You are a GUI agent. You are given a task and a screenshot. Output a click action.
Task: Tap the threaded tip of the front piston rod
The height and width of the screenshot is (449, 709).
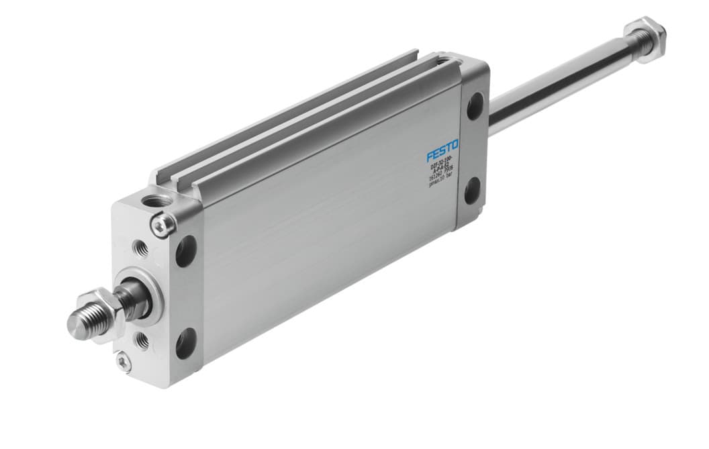pos(80,323)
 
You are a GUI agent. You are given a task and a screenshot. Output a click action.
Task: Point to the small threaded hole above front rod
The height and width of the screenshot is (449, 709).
pos(141,247)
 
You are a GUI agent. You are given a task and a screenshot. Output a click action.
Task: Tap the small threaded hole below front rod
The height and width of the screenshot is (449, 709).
pos(142,340)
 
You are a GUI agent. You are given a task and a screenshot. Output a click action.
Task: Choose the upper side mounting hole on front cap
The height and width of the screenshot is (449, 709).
pos(186,250)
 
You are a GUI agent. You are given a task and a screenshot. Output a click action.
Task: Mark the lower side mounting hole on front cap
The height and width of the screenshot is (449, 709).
pos(186,343)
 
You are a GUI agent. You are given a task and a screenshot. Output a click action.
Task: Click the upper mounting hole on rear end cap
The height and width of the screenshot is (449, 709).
pos(474,106)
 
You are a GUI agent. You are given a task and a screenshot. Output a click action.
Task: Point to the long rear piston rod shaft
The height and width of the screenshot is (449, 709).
pos(557,84)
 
